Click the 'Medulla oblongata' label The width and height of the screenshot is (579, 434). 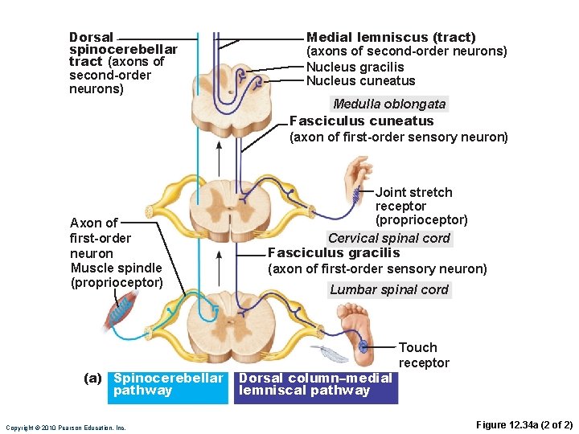point(389,104)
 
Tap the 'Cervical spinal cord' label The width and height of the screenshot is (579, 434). point(389,238)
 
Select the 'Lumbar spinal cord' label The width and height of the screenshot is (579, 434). point(389,289)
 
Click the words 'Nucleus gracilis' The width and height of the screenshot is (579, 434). point(355,68)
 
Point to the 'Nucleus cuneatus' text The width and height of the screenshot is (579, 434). point(360,80)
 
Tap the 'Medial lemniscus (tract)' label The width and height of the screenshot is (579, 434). point(391,37)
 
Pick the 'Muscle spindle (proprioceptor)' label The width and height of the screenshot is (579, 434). point(117,275)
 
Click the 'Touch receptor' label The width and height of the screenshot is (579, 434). point(423,354)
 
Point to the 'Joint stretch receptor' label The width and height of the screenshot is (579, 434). point(421,206)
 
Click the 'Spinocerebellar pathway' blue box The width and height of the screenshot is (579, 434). point(168,384)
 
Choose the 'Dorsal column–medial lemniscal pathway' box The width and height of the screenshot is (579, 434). point(315,384)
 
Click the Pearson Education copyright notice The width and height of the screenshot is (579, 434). point(65,428)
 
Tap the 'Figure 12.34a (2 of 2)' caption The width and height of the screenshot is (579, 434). point(524,424)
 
